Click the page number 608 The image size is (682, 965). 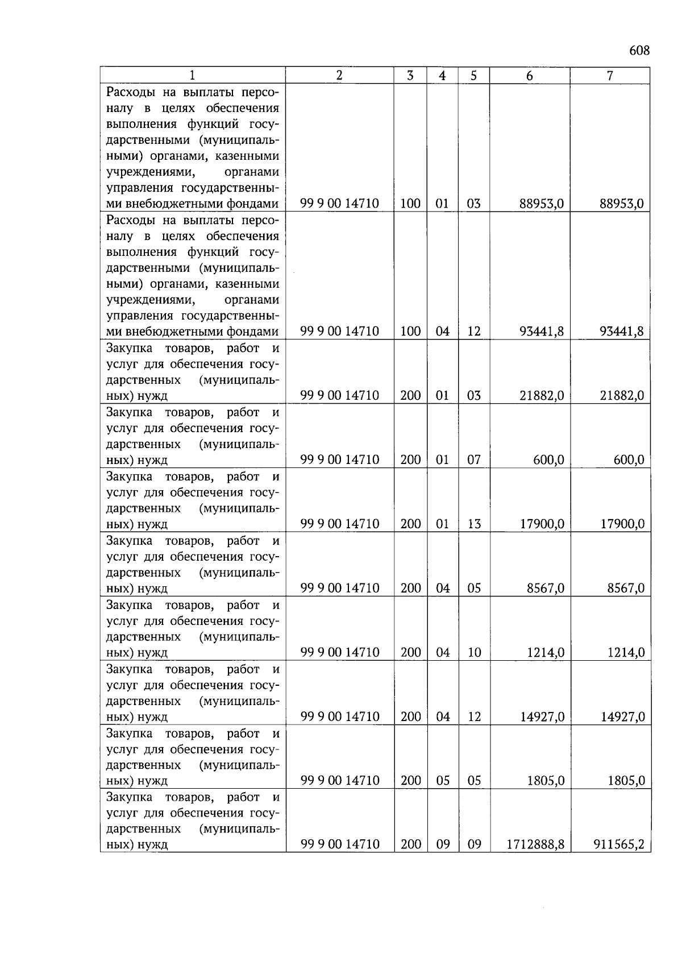[x=639, y=51]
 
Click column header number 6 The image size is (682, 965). [x=530, y=76]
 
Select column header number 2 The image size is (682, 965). [x=339, y=76]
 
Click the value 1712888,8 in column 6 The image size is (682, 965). [x=535, y=844]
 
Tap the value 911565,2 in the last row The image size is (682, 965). [x=619, y=844]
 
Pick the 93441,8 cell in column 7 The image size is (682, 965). [x=621, y=331]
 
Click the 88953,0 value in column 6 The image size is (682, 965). [x=542, y=204]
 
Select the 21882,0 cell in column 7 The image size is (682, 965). [x=622, y=395]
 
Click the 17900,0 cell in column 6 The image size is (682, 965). [x=542, y=524]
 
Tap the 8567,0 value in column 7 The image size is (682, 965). [x=625, y=588]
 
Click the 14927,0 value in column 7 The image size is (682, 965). [x=622, y=716]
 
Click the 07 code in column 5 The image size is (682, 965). [x=474, y=459]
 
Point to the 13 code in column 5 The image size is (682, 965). [x=474, y=524]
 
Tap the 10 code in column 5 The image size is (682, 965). [x=474, y=652]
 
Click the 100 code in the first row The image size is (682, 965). [x=410, y=204]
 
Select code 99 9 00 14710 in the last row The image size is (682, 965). [x=339, y=844]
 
